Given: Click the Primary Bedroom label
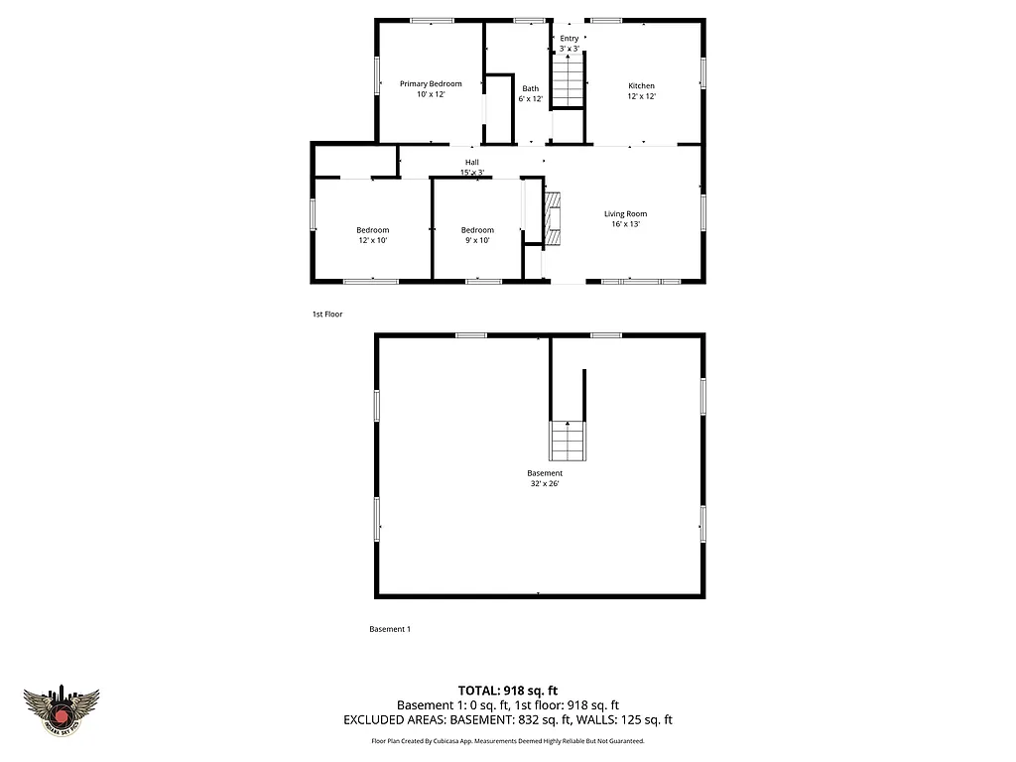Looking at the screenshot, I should (431, 84).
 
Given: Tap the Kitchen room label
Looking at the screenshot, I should (641, 86).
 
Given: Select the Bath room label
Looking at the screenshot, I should (531, 88).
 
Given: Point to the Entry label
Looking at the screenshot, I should (569, 39).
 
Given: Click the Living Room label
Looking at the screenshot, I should (625, 213).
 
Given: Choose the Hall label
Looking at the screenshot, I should (471, 162).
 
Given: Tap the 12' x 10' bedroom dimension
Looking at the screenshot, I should (372, 240).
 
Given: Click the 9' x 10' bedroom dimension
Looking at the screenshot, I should (476, 240).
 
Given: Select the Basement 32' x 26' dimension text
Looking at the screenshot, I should (545, 484).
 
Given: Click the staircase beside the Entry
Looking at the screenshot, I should (568, 81).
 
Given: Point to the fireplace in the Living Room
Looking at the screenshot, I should (552, 216).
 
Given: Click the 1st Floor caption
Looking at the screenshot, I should (327, 314).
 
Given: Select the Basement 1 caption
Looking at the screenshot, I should (390, 629).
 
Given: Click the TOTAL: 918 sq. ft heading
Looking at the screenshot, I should (508, 690).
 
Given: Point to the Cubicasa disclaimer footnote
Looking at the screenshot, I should (508, 741).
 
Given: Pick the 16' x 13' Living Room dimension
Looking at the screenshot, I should (625, 224).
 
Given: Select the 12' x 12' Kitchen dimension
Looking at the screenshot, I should (641, 97).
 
